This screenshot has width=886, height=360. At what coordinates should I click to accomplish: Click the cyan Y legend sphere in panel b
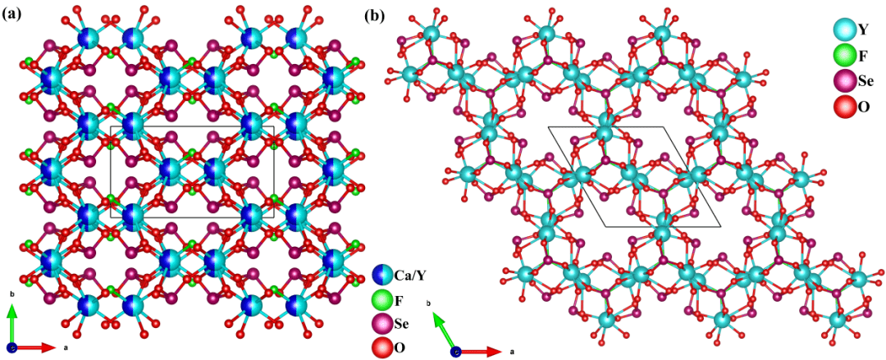(x=843, y=30)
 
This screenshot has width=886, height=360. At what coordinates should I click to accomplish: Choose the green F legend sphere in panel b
(x=843, y=57)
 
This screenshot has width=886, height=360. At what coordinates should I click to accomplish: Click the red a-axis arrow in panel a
(x=37, y=348)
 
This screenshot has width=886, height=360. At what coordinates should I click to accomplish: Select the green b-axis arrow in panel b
(x=444, y=333)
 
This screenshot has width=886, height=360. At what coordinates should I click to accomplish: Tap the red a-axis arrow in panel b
(x=480, y=351)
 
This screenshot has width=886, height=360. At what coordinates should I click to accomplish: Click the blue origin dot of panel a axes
(x=11, y=348)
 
